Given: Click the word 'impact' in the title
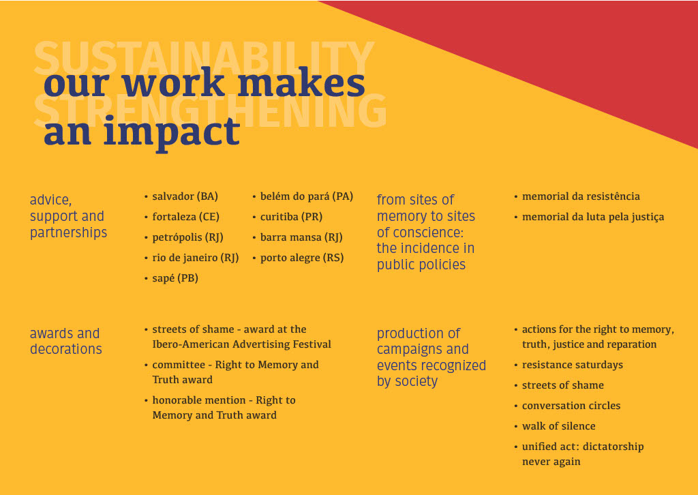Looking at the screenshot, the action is [x=172, y=132].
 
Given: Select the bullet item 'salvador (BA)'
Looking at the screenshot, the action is [x=185, y=196].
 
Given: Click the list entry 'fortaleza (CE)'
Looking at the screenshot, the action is [x=185, y=217].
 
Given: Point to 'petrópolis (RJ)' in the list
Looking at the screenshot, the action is [x=188, y=237].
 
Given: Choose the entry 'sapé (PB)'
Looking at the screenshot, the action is [x=175, y=279].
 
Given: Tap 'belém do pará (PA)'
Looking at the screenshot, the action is [x=307, y=196].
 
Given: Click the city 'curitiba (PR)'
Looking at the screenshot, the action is [x=291, y=217].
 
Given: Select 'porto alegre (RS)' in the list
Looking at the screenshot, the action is [x=302, y=258].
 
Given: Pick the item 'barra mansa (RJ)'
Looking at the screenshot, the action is [x=301, y=237].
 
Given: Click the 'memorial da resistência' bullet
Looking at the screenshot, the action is [x=581, y=196].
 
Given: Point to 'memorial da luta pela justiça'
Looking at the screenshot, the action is [x=593, y=217].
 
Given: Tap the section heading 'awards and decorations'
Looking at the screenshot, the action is [x=66, y=341].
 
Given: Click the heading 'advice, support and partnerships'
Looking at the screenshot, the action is [x=69, y=216].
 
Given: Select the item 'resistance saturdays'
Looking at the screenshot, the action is [x=573, y=365].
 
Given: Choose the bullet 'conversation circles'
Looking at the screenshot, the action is [x=571, y=406].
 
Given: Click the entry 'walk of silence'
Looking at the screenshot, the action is [x=559, y=426].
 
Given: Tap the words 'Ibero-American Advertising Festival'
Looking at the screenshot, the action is [x=242, y=344].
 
